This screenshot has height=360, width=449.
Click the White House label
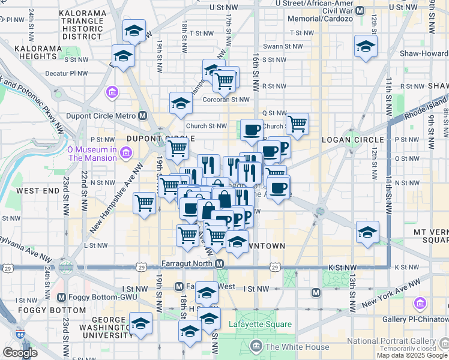click(297, 347)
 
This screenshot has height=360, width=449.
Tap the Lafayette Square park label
click(260, 325)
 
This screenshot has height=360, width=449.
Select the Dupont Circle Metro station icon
click(143, 116)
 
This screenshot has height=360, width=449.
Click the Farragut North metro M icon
click(220, 264)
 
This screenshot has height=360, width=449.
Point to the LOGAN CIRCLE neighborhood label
click(348, 139)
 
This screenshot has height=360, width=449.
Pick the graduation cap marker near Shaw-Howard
click(366, 47)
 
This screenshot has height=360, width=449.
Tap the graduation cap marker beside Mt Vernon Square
click(367, 232)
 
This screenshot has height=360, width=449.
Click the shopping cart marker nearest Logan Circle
click(298, 124)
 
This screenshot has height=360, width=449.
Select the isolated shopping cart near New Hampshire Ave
click(145, 203)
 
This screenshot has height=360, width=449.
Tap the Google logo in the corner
click(20, 353)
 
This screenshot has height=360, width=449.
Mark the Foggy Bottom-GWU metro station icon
click(61, 297)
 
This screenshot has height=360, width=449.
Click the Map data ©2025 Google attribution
click(412, 355)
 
